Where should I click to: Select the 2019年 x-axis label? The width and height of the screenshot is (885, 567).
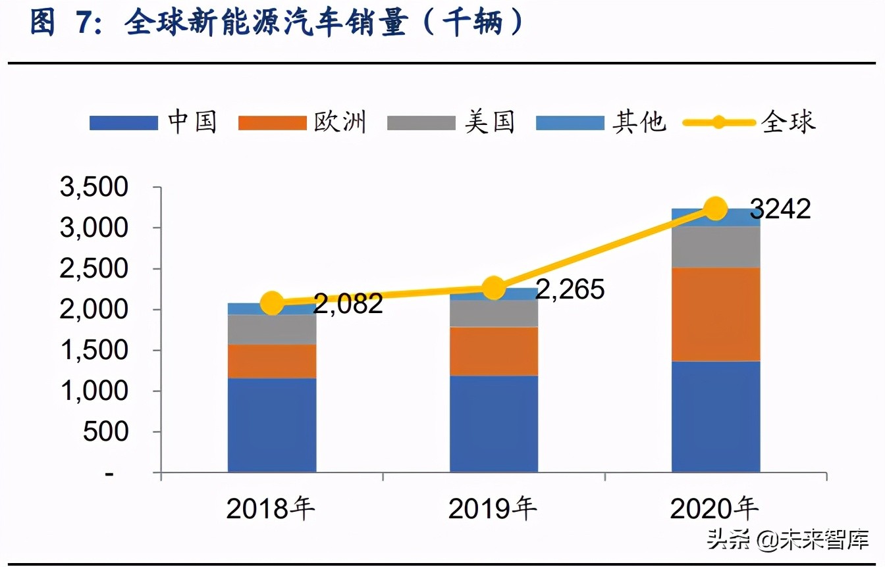pyautogui.click(x=493, y=509)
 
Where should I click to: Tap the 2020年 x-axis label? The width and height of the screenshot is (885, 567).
pyautogui.click(x=715, y=509)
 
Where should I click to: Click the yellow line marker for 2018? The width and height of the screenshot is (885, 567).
pyautogui.click(x=272, y=303)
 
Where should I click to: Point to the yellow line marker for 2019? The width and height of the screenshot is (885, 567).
pyautogui.click(x=493, y=288)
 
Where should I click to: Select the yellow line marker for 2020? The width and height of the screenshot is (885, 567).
pyautogui.click(x=715, y=209)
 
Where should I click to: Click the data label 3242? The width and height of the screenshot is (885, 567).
pyautogui.click(x=780, y=209)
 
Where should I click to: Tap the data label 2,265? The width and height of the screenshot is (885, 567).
pyautogui.click(x=570, y=289)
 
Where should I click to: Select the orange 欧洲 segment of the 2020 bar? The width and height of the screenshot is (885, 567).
pyautogui.click(x=716, y=314)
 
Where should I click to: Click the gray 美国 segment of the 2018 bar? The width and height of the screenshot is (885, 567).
pyautogui.click(x=272, y=330)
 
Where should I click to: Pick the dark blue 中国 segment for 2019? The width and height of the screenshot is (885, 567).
pyautogui.click(x=494, y=424)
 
